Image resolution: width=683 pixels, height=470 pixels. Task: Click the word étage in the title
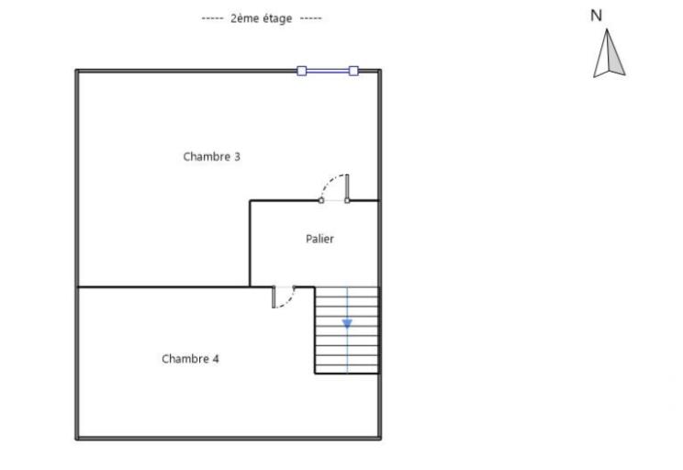pyautogui.click(x=275, y=18)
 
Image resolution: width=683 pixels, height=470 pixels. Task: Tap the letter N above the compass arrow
pyautogui.click(x=597, y=16)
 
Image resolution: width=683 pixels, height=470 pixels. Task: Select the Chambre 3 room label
pyautogui.click(x=211, y=157)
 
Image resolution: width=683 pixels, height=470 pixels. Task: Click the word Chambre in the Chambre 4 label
pyautogui.click(x=185, y=359)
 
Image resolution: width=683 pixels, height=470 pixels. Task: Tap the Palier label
pyautogui.click(x=319, y=239)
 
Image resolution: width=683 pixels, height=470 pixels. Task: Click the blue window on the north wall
pyautogui.click(x=327, y=70)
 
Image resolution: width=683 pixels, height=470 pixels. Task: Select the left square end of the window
pyautogui.click(x=301, y=70)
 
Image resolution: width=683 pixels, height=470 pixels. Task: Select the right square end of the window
pyautogui.click(x=353, y=70)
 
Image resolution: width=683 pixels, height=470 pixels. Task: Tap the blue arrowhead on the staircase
pyautogui.click(x=347, y=323)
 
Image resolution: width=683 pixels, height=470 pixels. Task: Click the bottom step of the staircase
pyautogui.click(x=347, y=368)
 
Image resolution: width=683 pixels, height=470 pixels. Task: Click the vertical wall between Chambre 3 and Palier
pyautogui.click(x=250, y=243)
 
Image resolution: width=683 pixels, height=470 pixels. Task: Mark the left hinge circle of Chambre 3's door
pyautogui.click(x=320, y=199)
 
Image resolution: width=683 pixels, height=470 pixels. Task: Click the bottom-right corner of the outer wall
pyautogui.click(x=379, y=438)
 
